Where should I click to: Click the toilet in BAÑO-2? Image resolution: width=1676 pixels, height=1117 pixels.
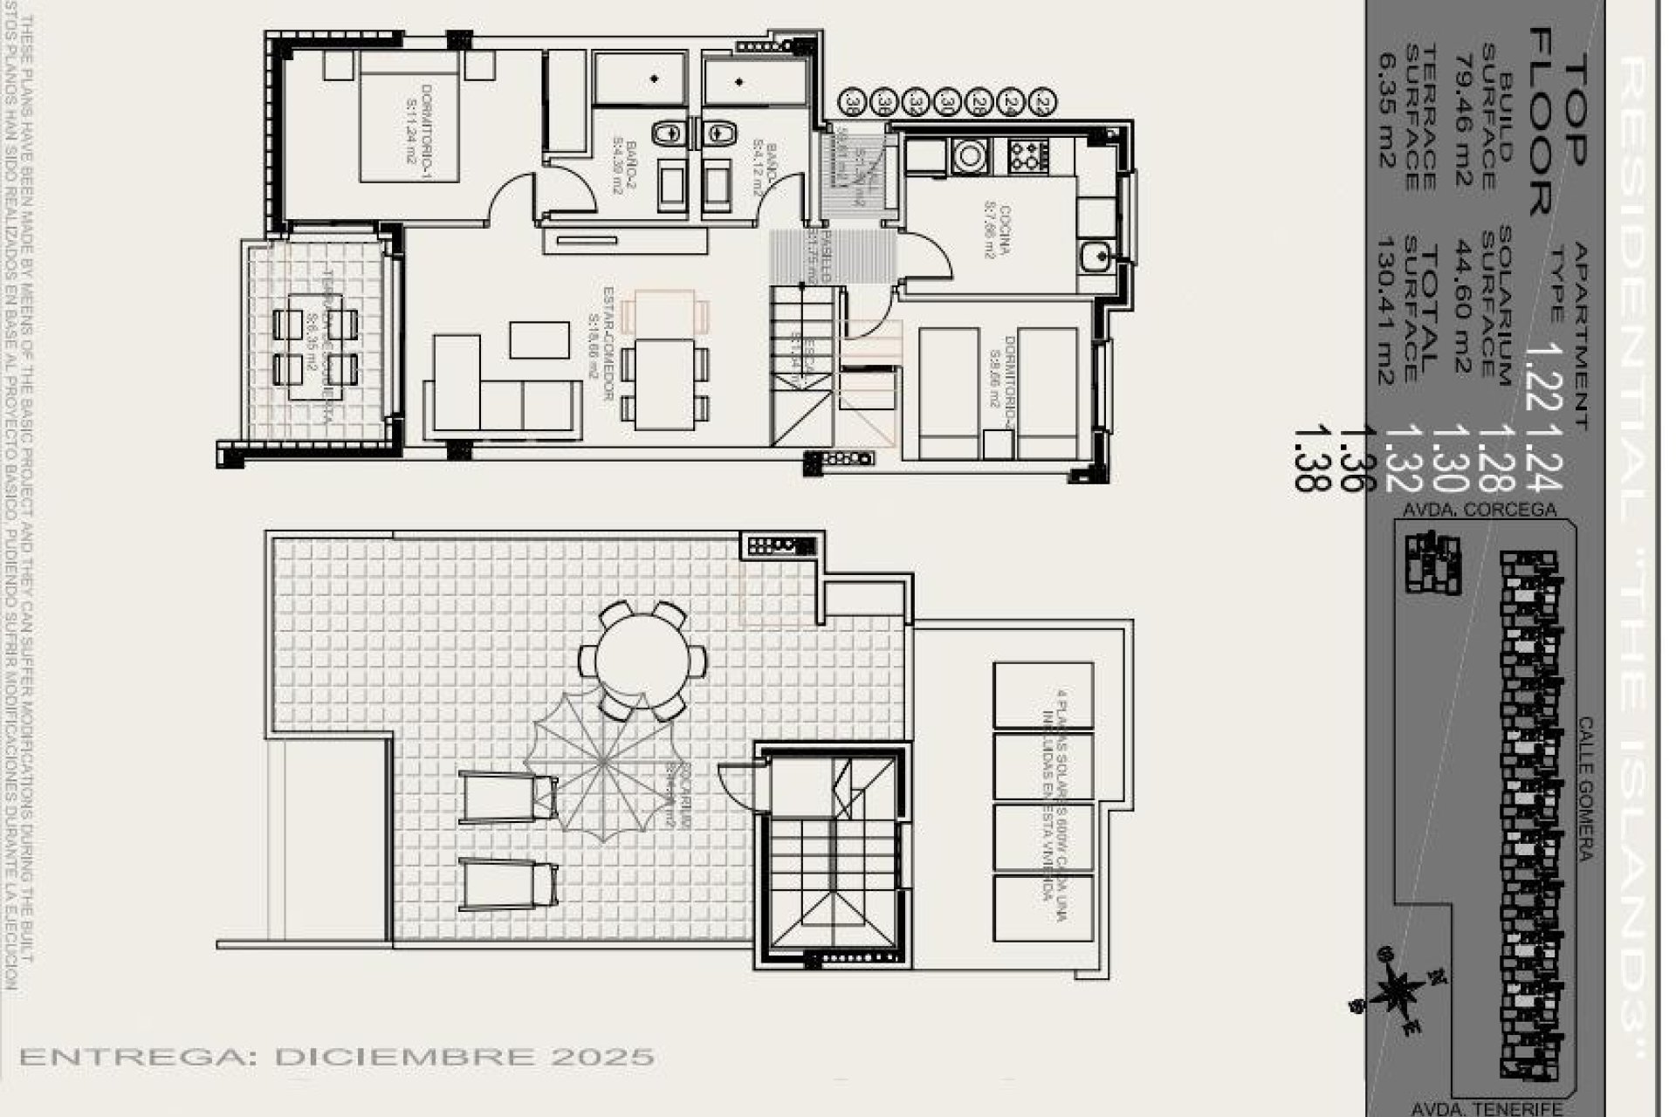(x=668, y=133)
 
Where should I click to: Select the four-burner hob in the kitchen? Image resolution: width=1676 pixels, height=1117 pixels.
(x=1028, y=156)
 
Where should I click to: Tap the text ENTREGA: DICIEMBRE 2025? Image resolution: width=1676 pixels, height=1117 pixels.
(x=337, y=1057)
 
